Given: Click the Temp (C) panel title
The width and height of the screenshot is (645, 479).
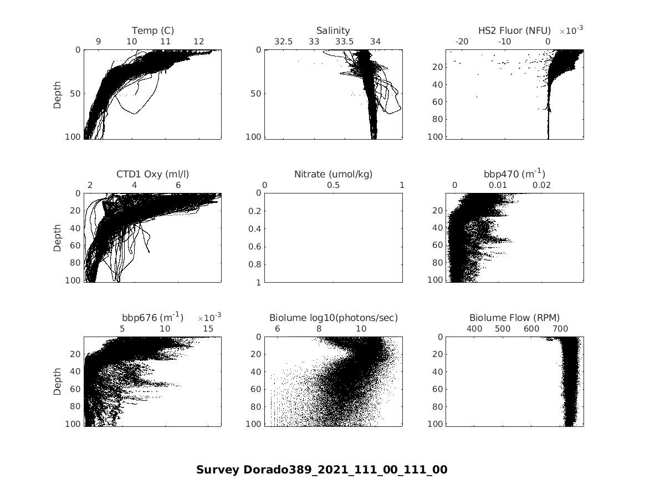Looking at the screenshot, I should pos(152,30).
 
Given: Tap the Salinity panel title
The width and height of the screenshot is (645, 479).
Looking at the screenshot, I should pos(333,30).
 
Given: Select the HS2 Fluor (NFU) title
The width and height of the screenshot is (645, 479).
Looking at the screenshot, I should pos(514,30).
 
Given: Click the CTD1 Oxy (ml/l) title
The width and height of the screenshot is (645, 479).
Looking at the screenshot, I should pos(152,174).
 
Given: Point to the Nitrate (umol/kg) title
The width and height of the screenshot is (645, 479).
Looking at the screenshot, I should pos(333,174).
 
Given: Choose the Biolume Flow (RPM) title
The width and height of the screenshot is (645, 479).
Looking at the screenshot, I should pos(514,318).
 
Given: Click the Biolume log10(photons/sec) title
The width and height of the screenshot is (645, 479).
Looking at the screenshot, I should pos(333,318).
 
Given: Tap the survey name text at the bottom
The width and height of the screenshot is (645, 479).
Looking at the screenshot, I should pos(321,470).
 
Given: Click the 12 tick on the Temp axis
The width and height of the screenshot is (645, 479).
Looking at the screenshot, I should pos(198,42).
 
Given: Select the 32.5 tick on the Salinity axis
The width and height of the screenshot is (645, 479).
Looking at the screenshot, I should pos(283,42).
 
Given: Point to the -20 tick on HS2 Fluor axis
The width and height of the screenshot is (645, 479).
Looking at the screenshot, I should pos(462,42).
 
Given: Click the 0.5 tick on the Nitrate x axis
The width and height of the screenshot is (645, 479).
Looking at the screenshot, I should pos(333,185).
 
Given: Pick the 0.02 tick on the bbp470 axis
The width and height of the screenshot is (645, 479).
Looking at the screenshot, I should pos(541,185).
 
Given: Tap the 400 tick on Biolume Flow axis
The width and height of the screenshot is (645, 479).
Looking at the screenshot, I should pos(474,329).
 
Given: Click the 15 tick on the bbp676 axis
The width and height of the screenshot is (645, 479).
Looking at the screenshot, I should pos(208,329).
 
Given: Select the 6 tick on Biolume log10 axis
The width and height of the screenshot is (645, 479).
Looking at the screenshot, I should pos(277,329).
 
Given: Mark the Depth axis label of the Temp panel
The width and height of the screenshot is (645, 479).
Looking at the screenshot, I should pos(58,94).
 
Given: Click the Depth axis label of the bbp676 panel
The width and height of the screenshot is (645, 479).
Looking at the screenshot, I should pos(58,381).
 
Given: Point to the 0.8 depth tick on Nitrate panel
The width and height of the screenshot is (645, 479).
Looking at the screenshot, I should pos(255,264).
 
